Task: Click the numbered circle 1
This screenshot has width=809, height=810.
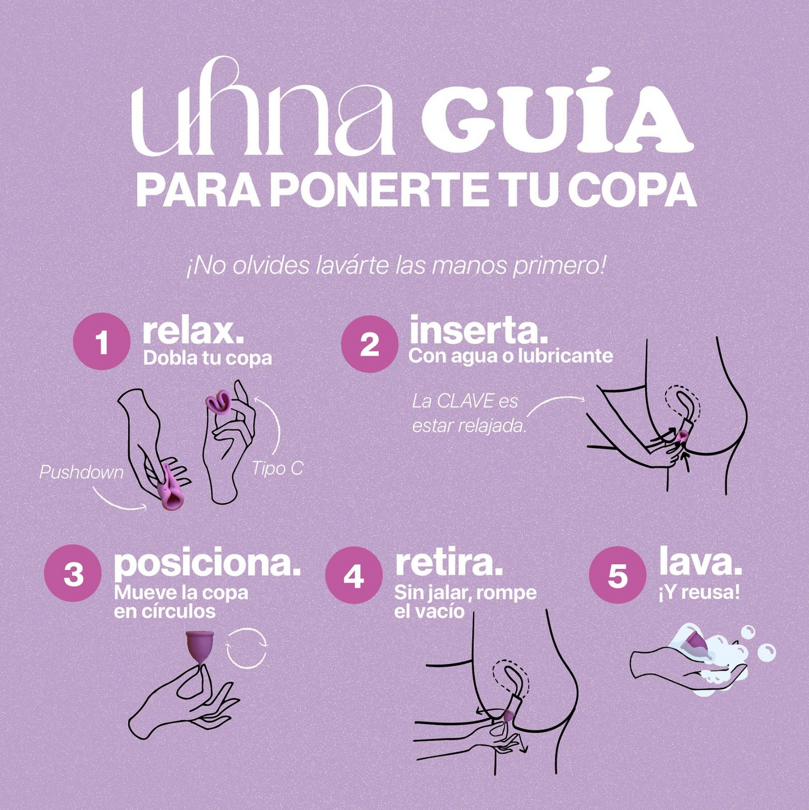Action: [102, 341]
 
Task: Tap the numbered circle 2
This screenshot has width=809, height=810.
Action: [369, 344]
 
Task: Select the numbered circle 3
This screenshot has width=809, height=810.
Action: [73, 574]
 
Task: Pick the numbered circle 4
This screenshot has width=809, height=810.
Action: [354, 576]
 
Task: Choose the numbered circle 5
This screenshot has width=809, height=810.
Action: [618, 575]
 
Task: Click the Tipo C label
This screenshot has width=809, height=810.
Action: [278, 469]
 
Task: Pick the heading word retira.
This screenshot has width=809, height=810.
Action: [449, 563]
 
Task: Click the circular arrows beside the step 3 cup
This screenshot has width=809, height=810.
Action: [247, 648]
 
